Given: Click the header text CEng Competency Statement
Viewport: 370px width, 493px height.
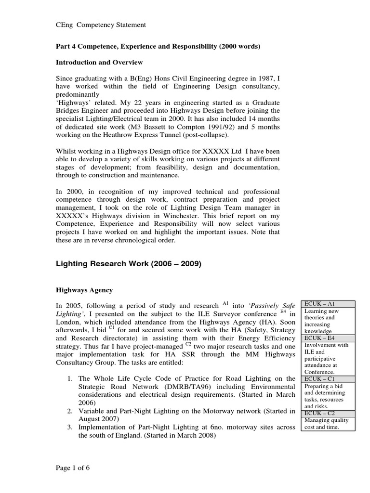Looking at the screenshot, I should click(x=101, y=25).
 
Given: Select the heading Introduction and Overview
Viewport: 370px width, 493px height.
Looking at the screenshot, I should click(x=99, y=63).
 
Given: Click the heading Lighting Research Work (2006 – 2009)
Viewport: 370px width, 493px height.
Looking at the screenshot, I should click(x=129, y=264).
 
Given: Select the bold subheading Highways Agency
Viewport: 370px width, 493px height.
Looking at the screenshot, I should click(x=85, y=290).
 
